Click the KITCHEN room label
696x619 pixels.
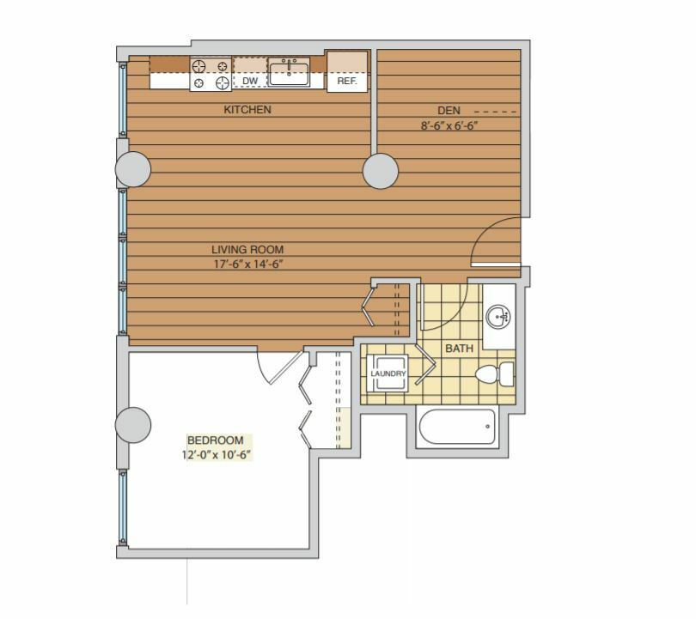pyautogui.click(x=247, y=110)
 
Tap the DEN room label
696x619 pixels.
pyautogui.click(x=449, y=111)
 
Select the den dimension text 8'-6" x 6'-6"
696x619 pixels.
pyautogui.click(x=449, y=125)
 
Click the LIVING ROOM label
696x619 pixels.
pyautogui.click(x=247, y=249)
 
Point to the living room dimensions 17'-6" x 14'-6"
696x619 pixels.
pyautogui.click(x=248, y=264)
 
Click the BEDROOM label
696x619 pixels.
pyautogui.click(x=216, y=440)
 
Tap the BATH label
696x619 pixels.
pyautogui.click(x=459, y=349)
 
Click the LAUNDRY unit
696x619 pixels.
pyautogui.click(x=388, y=373)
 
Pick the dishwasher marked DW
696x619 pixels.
pyautogui.click(x=250, y=73)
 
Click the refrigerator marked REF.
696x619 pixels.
pyautogui.click(x=347, y=72)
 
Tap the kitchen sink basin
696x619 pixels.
pyautogui.click(x=289, y=74)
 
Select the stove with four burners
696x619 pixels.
pyautogui.click(x=211, y=74)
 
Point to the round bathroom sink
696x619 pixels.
pyautogui.click(x=498, y=317)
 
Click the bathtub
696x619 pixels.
pyautogui.click(x=457, y=427)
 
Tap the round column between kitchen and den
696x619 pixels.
pyautogui.click(x=381, y=171)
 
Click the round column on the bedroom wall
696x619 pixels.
pyautogui.click(x=132, y=425)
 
